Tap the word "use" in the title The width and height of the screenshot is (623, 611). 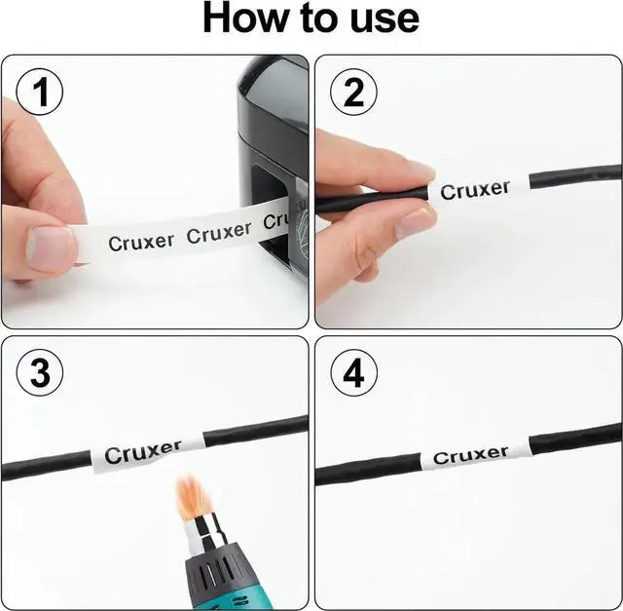click(x=385, y=20)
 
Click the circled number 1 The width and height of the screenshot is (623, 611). click(x=39, y=92)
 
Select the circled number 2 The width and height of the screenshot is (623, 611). click(x=353, y=92)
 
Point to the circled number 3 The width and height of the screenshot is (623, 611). click(x=39, y=372)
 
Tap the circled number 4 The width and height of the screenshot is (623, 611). click(x=353, y=372)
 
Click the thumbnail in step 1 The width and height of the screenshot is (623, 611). click(x=51, y=248)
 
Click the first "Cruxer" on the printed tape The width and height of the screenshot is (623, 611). click(x=141, y=243)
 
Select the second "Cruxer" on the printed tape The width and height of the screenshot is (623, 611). click(x=219, y=233)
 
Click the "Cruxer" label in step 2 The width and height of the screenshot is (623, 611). click(x=475, y=190)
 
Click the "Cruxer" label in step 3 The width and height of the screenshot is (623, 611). click(x=143, y=452)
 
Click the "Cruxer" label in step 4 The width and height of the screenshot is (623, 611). click(x=470, y=455)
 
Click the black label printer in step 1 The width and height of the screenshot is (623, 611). click(x=275, y=159)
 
